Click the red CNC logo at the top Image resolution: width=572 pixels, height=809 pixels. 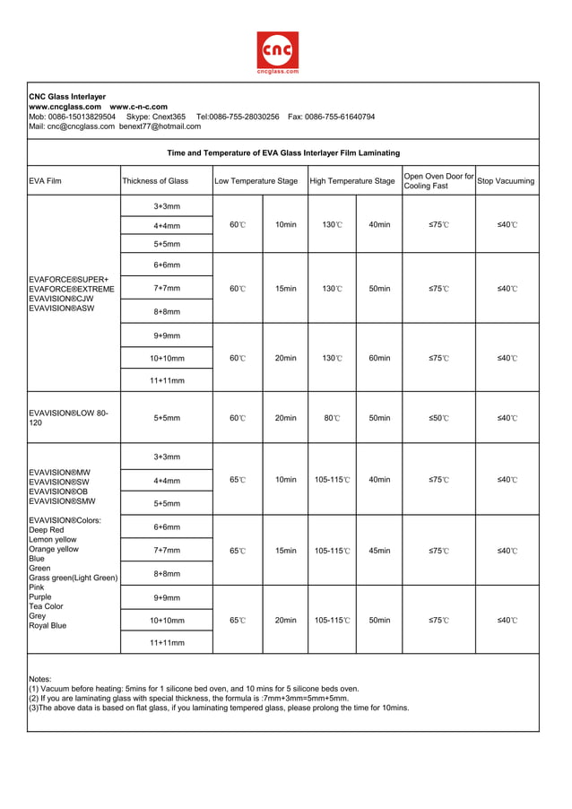click(x=278, y=50)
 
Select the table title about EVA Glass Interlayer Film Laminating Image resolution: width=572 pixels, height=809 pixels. click(x=283, y=152)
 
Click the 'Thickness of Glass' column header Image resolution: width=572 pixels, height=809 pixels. click(x=155, y=181)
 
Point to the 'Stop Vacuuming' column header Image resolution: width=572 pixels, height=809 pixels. click(x=506, y=181)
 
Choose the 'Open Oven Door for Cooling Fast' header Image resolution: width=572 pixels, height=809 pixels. click(x=438, y=181)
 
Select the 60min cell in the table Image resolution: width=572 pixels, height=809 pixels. click(x=379, y=358)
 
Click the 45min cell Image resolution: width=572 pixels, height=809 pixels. click(x=379, y=551)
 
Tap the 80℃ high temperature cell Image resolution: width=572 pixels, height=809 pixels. click(x=332, y=418)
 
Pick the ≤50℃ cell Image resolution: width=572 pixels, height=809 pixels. click(x=438, y=418)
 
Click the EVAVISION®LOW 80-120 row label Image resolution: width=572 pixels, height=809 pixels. click(x=68, y=418)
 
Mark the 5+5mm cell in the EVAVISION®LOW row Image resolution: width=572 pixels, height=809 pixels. click(x=167, y=418)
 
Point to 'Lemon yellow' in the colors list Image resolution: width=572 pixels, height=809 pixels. click(x=53, y=540)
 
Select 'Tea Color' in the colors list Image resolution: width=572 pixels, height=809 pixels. click(x=48, y=606)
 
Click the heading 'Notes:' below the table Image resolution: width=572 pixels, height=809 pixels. click(x=40, y=679)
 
